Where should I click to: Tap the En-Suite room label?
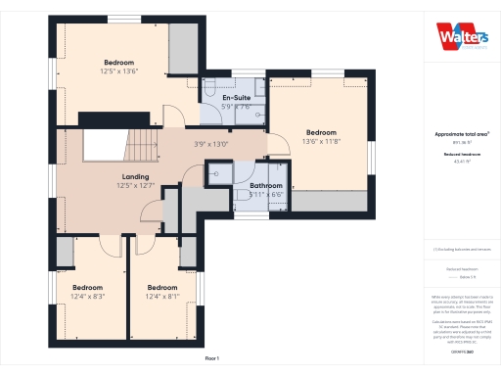[237, 99]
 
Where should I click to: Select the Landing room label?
[135, 176]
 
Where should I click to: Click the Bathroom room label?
[265, 186]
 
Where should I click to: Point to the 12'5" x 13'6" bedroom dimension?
[118, 70]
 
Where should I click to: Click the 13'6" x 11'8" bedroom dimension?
[321, 142]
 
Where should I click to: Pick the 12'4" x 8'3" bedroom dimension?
[87, 296]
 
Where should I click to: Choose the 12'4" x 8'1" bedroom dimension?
[162, 296]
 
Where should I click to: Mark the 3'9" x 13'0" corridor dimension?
[210, 144]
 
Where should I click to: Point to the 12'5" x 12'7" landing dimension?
[135, 185]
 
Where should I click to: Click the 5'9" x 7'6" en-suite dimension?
[237, 107]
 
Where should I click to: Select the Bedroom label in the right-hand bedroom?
[321, 133]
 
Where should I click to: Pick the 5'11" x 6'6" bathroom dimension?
[265, 195]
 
